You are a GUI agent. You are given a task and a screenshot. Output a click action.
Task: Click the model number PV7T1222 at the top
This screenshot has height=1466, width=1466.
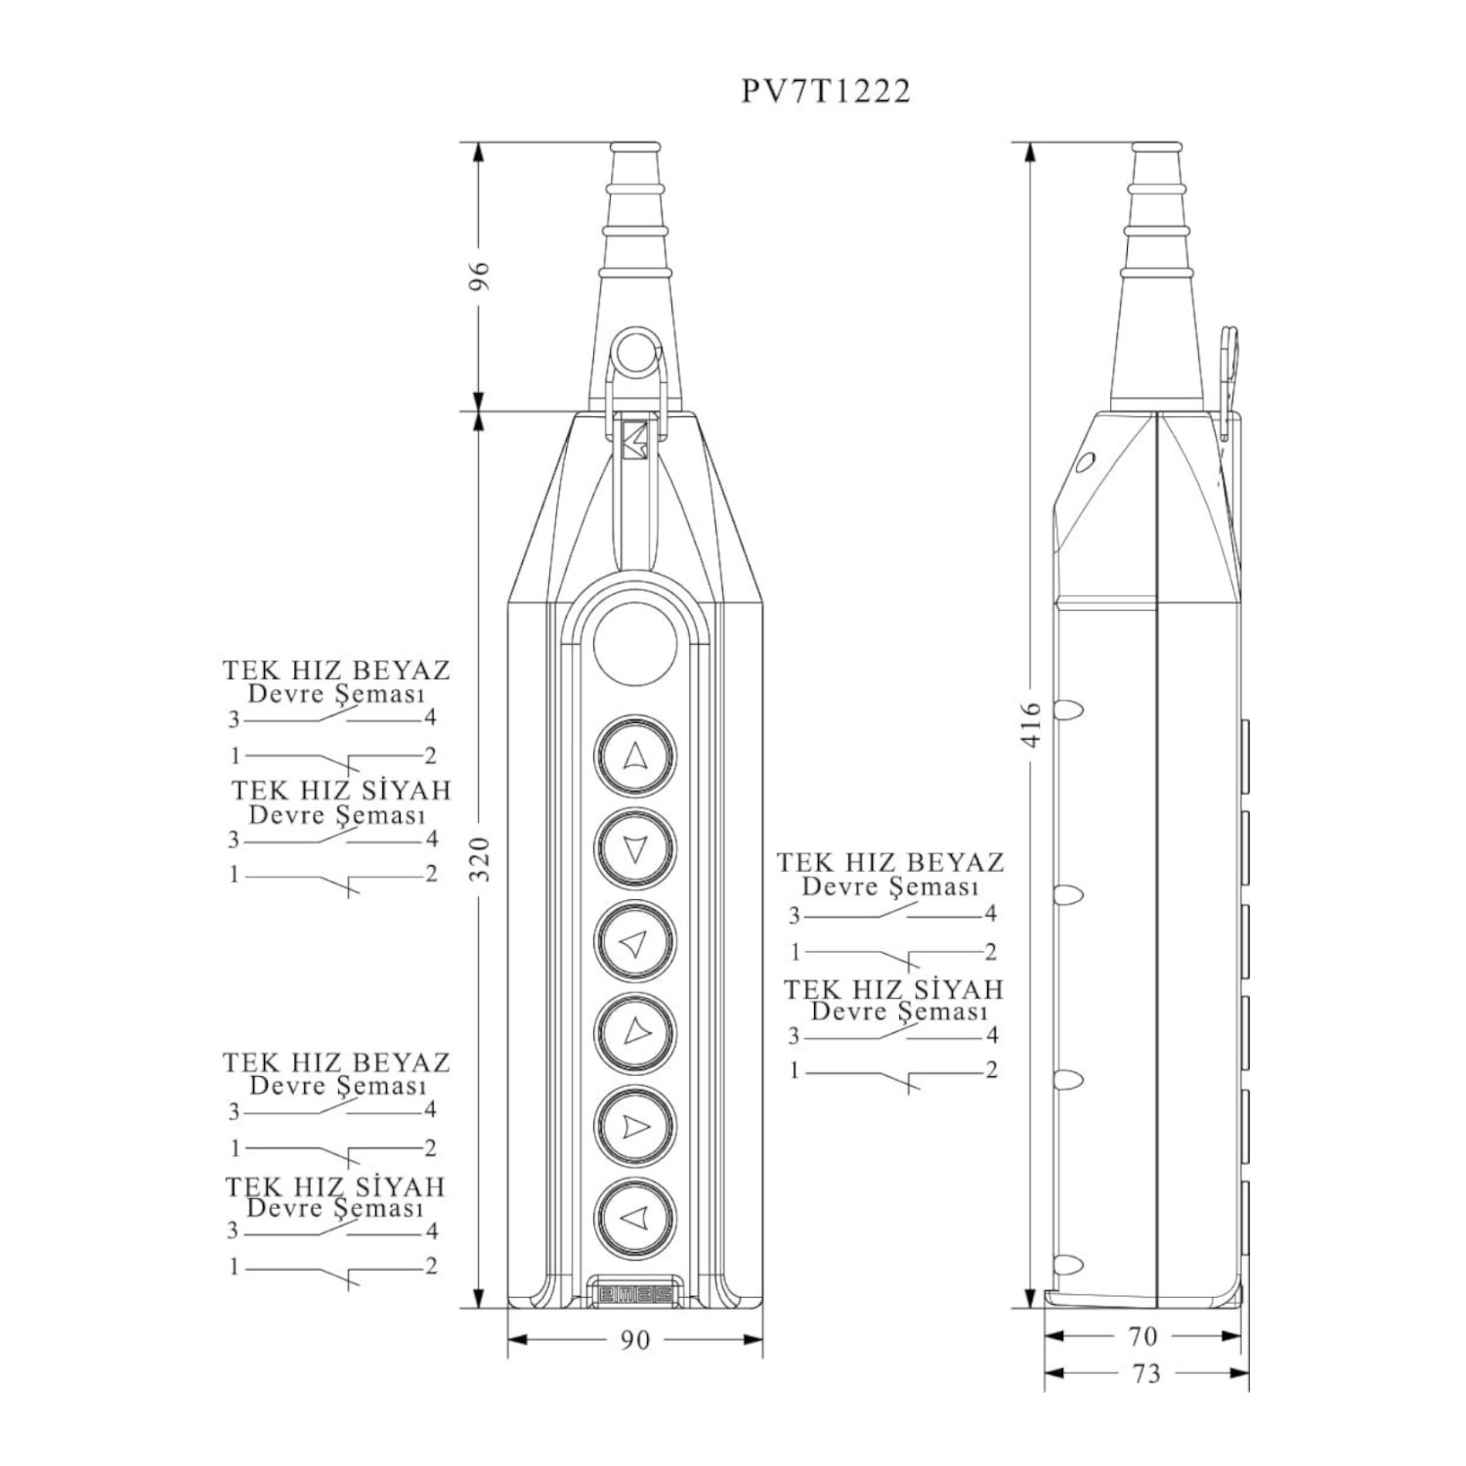[x=826, y=91]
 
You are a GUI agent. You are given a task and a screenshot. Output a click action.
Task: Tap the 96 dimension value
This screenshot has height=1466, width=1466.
[x=479, y=277]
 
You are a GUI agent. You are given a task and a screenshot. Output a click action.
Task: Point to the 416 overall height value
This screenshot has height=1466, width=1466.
[x=1032, y=723]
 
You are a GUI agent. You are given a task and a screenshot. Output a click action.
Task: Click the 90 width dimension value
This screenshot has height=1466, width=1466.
[x=635, y=1340]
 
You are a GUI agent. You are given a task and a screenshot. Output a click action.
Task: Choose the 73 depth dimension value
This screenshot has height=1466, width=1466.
[x=1145, y=1374]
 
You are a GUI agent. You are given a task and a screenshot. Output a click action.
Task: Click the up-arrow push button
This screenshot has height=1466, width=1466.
[x=635, y=755]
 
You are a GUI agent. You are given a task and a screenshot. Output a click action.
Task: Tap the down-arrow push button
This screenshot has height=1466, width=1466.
[x=635, y=848]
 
